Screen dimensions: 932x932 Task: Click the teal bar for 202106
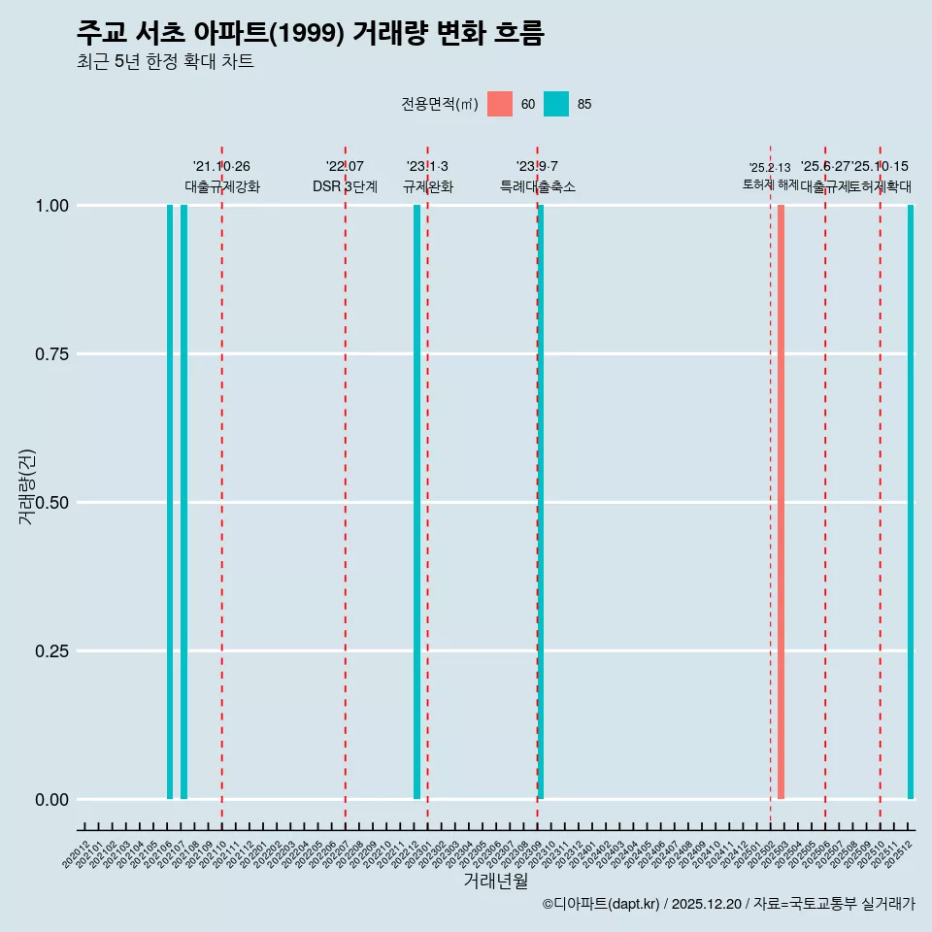pos(170,502)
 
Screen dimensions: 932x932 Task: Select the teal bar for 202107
pos(183,502)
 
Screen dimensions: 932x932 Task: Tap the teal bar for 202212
pos(416,502)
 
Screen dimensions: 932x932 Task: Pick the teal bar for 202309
pos(541,502)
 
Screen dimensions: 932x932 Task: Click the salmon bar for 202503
pos(781,502)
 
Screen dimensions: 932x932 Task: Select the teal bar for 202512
pos(911,502)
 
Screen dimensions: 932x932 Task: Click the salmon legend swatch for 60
pos(500,104)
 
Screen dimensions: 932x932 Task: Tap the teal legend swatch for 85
pos(556,104)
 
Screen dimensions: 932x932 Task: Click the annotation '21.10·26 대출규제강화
pos(222,177)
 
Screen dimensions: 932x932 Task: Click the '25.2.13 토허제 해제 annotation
pos(770,176)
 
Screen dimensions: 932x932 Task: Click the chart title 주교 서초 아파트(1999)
pos(310,33)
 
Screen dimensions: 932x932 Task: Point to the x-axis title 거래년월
pos(495,882)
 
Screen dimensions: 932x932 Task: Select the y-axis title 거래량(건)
pos(26,485)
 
